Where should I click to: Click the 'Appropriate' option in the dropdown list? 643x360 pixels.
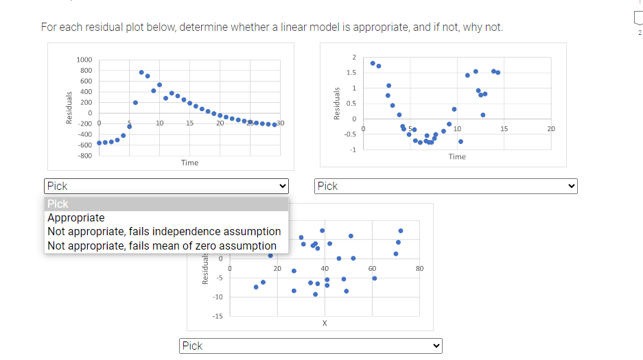(x=76, y=218)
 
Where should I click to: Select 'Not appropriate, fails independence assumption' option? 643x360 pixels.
(x=164, y=232)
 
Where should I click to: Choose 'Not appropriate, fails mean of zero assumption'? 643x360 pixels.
(x=162, y=245)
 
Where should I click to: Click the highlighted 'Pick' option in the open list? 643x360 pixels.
(x=58, y=204)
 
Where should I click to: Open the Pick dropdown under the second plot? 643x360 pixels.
(x=446, y=186)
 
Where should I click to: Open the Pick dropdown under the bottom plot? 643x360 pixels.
(x=311, y=346)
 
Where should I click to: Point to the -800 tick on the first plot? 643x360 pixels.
(x=84, y=156)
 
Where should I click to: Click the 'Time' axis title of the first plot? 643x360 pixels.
(x=190, y=163)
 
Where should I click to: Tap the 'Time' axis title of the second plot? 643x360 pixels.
(x=457, y=157)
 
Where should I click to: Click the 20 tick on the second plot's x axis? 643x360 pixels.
(x=551, y=128)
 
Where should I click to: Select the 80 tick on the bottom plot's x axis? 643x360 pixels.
(x=420, y=268)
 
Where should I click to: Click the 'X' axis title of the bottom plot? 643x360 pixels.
(x=325, y=323)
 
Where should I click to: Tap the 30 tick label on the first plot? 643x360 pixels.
(x=280, y=123)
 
